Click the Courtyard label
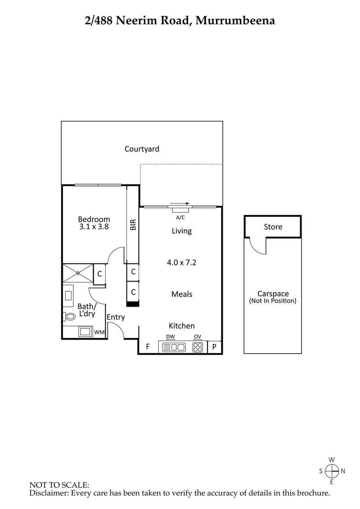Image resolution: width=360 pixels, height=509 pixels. click(x=142, y=149)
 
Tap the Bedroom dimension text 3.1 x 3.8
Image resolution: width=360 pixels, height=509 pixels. click(x=94, y=227)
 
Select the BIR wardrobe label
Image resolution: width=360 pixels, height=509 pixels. click(x=133, y=225)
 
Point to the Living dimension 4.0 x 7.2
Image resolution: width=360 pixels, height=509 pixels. click(x=181, y=263)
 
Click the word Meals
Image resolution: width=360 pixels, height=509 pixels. click(x=181, y=294)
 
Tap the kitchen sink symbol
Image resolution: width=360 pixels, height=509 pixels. click(x=174, y=347)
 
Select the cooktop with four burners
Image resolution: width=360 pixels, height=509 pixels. click(x=198, y=347)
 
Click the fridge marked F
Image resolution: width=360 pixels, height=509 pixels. click(x=147, y=347)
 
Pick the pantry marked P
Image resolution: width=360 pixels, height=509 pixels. click(x=214, y=347)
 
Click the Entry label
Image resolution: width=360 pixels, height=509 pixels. click(x=116, y=317)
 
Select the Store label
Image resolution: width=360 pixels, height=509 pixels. click(x=273, y=227)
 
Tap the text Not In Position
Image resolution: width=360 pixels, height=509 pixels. click(x=273, y=301)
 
